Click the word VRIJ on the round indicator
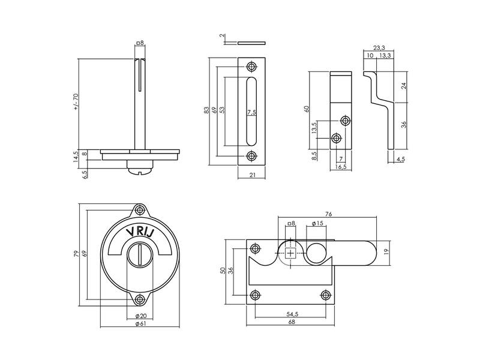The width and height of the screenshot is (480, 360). tap(140, 232)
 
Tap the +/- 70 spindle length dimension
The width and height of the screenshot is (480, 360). tap(76, 101)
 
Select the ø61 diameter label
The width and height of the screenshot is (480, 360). tap(140, 324)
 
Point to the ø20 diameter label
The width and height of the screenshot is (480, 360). tap(140, 316)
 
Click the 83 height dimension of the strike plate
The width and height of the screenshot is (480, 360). tap(206, 110)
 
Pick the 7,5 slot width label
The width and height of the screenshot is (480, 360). tap(251, 112)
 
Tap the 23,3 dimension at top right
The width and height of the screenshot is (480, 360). tap(379, 47)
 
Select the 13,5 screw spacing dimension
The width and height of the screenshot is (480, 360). tap(313, 128)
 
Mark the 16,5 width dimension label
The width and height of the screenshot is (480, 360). tap(341, 167)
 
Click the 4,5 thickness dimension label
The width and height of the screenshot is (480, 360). tap(400, 159)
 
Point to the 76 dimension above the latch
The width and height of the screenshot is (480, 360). tap(328, 214)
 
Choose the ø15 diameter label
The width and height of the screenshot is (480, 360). tap(317, 223)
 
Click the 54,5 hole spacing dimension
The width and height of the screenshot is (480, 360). tap(292, 314)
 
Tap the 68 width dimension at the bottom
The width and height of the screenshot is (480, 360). tap(292, 322)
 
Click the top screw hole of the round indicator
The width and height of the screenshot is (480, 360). tap(140, 210)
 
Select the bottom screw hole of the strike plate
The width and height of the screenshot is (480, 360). tap(251, 156)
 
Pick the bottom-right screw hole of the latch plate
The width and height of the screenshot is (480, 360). tap(325, 295)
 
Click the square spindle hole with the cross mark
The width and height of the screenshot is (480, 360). tap(290, 253)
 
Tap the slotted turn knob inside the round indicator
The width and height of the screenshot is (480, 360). tap(140, 254)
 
